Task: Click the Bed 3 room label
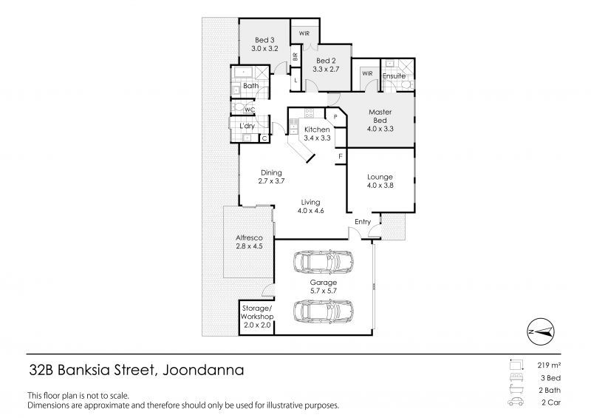[264, 40]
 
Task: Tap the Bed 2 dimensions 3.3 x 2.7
[326, 70]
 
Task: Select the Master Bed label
[380, 116]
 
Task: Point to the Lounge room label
[380, 177]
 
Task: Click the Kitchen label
[317, 129]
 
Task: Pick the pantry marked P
[335, 117]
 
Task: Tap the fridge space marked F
[341, 156]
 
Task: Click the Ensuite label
[394, 76]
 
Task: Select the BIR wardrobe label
[295, 57]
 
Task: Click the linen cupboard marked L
[295, 81]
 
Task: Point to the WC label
[250, 110]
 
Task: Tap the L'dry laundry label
[247, 126]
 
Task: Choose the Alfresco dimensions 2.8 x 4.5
[249, 246]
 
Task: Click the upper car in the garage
[324, 262]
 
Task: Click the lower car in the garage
[324, 311]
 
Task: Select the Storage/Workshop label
[257, 312]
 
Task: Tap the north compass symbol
[541, 331]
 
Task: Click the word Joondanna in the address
[203, 370]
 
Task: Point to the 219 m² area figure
[549, 365]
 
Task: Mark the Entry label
[363, 222]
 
